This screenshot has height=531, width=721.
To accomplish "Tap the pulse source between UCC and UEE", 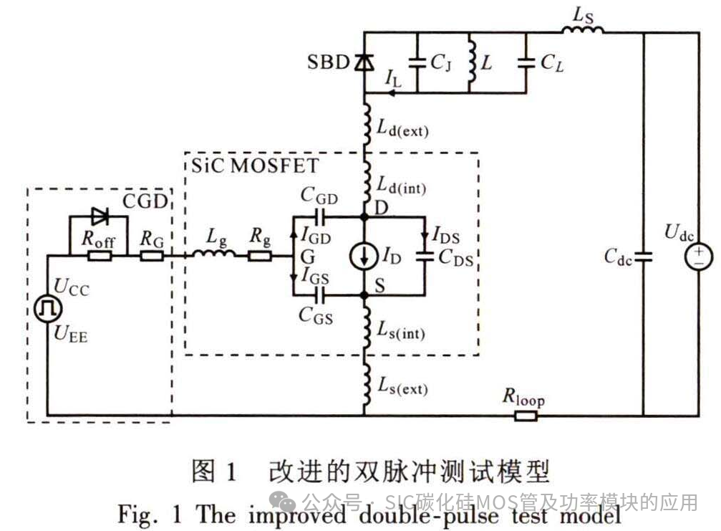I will click(x=49, y=308).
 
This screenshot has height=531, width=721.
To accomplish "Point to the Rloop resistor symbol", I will click(x=526, y=415).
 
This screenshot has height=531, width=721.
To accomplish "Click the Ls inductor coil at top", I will click(x=582, y=32).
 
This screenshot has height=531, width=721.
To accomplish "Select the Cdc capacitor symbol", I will click(x=643, y=257).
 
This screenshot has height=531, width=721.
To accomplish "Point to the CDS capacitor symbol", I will click(x=426, y=256).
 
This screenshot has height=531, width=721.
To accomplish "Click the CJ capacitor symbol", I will click(x=417, y=63).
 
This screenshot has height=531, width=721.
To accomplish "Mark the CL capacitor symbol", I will click(x=527, y=63).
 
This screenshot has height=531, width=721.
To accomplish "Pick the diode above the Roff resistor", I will click(x=97, y=216).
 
